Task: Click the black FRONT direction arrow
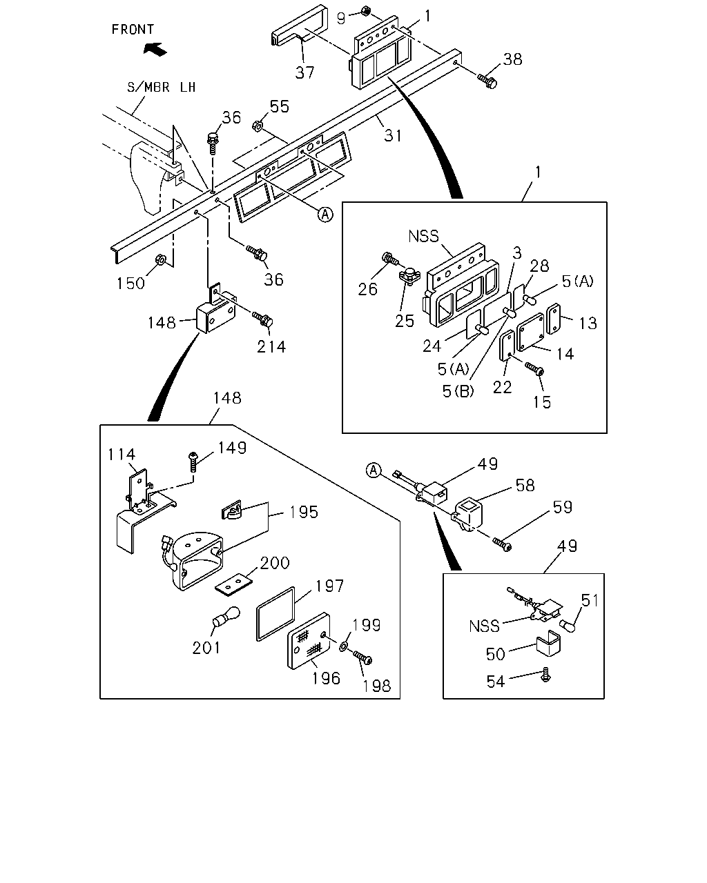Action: [155, 49]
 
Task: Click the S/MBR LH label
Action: [161, 87]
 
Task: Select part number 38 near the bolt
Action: [513, 59]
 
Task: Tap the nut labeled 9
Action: [366, 10]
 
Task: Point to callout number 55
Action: [280, 106]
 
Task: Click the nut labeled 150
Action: [161, 259]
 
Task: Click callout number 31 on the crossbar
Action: [393, 135]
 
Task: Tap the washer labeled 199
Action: [343, 647]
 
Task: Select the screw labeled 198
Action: [362, 657]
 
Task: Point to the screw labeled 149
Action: [193, 462]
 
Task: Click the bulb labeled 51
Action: [568, 626]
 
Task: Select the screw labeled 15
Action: [534, 368]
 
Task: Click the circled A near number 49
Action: [374, 470]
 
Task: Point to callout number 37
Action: [304, 72]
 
